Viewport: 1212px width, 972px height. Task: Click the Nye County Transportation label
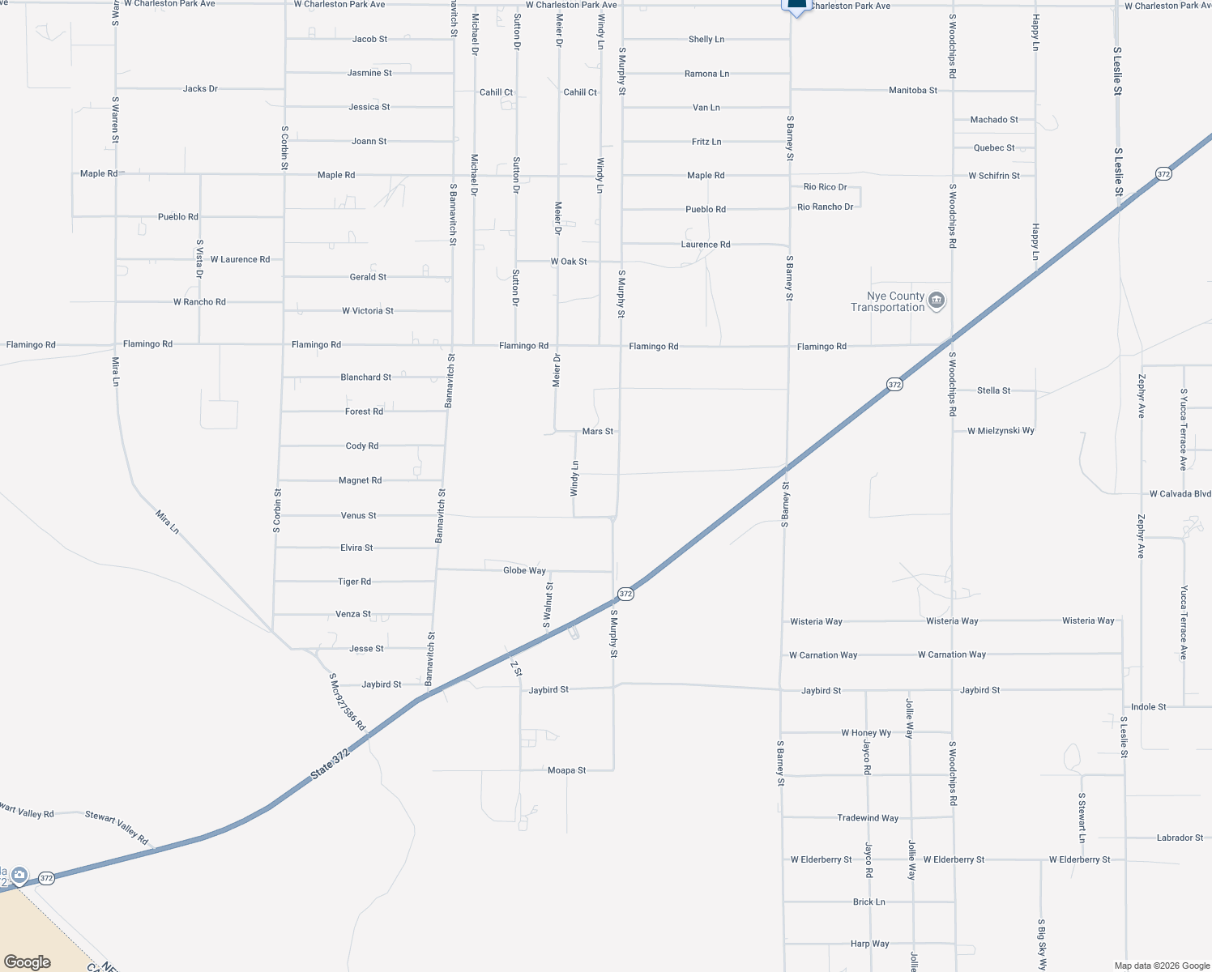tap(888, 302)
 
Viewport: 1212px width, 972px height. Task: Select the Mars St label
tap(598, 432)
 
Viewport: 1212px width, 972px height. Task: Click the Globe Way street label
tap(524, 571)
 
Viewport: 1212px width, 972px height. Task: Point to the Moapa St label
tap(566, 770)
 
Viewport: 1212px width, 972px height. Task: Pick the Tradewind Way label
tap(867, 818)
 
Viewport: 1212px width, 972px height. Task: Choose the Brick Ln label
tap(868, 902)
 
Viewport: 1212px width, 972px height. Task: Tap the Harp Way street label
tap(869, 944)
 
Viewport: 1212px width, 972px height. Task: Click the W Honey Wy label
tap(865, 733)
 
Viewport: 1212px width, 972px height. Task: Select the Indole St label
tap(1148, 707)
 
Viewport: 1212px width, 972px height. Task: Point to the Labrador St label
tap(1180, 838)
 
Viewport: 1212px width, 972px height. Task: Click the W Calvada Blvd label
tap(1180, 494)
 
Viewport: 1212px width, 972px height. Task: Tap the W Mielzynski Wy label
tap(1001, 431)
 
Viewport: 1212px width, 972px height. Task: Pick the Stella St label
tap(993, 390)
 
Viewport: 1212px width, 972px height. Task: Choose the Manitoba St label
tap(912, 91)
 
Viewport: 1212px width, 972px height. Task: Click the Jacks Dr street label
tap(200, 89)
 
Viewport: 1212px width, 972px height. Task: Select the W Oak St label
tap(569, 262)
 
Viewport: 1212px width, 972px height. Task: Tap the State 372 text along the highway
tap(330, 765)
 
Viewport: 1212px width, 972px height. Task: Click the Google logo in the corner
tap(27, 962)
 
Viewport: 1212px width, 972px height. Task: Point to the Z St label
tap(516, 668)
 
